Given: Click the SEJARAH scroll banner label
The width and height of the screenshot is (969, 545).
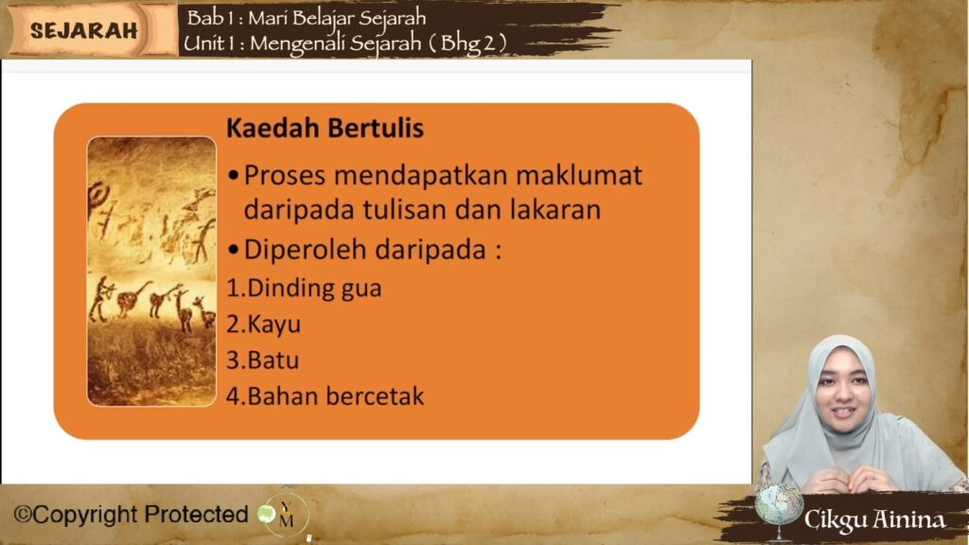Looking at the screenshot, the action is tap(83, 30).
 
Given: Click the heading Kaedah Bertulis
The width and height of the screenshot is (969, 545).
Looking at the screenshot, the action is tap(326, 128).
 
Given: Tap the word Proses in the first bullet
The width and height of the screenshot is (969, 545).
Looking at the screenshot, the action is tap(285, 175).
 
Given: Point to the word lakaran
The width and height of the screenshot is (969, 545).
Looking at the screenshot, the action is tap(555, 209).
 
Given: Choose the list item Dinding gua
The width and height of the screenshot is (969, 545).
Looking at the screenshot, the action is tap(304, 289).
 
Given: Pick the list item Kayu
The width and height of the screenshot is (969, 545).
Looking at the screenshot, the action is tap(264, 325).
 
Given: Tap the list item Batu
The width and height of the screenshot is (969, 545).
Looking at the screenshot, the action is tap(263, 360).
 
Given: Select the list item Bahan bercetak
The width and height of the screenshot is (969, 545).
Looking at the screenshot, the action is tap(326, 396).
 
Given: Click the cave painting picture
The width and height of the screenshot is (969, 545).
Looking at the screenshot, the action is tap(151, 272).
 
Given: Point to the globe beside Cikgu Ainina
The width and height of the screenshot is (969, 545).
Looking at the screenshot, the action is tap(779, 505).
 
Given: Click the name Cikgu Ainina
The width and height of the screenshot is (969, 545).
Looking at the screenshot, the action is tap(874, 519).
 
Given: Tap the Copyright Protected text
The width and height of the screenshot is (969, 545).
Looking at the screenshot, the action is tap(131, 514).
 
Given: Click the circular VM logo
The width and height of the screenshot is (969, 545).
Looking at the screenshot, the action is tap(284, 514).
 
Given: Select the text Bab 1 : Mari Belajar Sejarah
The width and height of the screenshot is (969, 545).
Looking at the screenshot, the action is tap(307, 18).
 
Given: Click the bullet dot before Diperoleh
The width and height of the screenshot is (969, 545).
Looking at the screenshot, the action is tap(233, 250).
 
